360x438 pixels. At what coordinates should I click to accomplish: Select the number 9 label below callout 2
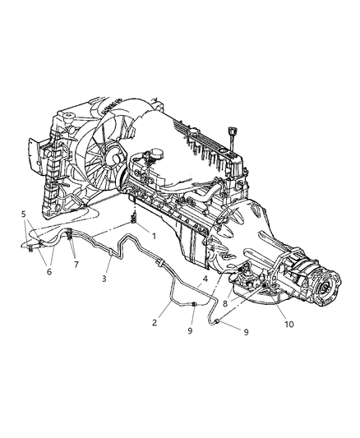[191, 331]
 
